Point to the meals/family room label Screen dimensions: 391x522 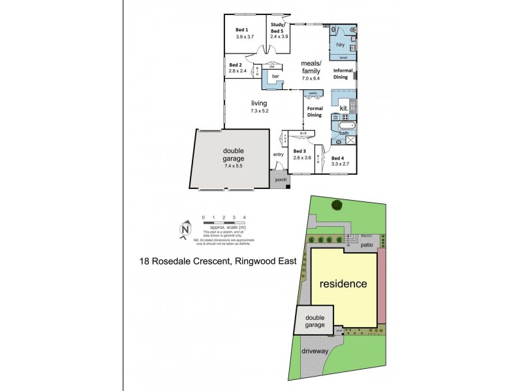click(311, 67)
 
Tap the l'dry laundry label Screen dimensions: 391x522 click(340, 44)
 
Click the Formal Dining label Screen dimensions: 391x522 click(315, 111)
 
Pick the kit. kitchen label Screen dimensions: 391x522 click(343, 108)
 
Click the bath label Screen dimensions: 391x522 click(344, 133)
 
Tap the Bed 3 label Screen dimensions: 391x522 click(301, 151)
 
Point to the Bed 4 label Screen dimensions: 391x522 click(337, 158)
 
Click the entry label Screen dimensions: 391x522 click(279, 154)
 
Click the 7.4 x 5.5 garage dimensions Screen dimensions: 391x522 click(229, 167)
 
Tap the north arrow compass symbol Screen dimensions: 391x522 click(185, 229)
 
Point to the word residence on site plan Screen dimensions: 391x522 click(343, 284)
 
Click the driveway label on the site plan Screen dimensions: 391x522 click(315, 351)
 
